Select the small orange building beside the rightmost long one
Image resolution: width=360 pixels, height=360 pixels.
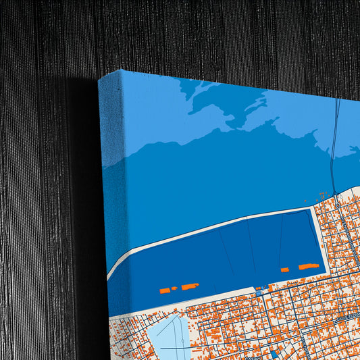coord(285,269)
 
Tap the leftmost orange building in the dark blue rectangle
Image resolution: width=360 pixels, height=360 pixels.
coord(164,290)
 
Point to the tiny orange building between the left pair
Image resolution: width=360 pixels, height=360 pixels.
coord(174,288)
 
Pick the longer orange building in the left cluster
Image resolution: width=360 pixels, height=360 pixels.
coord(189,286)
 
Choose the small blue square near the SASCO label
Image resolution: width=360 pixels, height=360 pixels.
coord(274,353)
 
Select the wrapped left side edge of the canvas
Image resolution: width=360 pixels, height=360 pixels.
coord(112,203)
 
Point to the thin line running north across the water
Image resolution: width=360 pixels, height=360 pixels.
coord(334,135)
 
